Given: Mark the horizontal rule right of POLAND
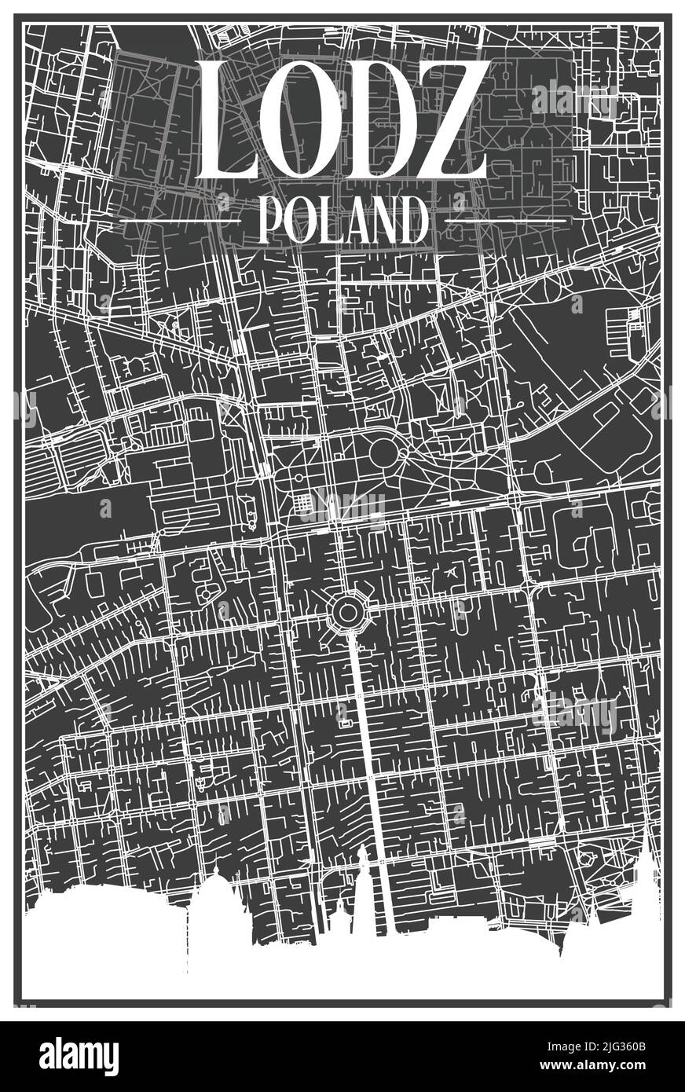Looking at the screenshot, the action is point(506,222).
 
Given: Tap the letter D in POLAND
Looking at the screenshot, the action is point(412,221).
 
